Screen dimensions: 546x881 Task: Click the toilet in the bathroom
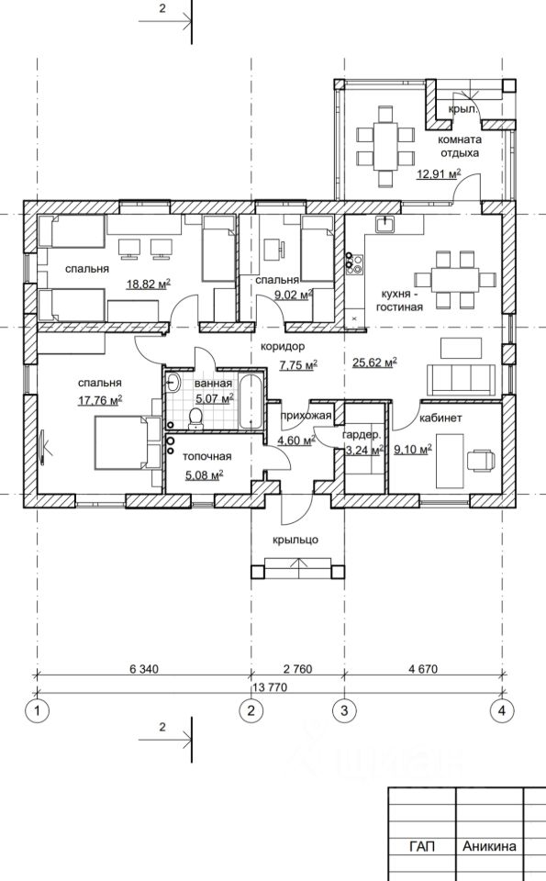tap(195, 418)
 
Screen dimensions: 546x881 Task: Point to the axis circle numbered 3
tap(344, 710)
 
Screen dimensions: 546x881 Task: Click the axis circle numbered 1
tap(37, 710)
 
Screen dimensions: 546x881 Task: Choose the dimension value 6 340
tap(144, 669)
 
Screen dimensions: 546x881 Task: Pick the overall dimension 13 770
tap(270, 687)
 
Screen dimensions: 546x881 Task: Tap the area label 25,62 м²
tap(374, 362)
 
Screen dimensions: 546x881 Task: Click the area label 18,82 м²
tap(149, 284)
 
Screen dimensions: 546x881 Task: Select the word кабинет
tap(441, 418)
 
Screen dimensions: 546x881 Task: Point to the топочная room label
tap(206, 457)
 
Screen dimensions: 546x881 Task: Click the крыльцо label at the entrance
tap(295, 540)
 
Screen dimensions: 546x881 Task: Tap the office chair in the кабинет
tap(482, 459)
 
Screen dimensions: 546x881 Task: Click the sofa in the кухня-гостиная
tap(462, 379)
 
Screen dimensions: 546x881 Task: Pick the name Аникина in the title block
tap(489, 846)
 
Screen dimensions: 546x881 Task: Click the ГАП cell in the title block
tap(422, 846)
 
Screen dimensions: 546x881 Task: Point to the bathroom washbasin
tap(173, 384)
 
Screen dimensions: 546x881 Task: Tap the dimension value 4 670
tap(423, 669)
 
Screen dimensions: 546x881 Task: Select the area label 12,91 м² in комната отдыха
tap(439, 173)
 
